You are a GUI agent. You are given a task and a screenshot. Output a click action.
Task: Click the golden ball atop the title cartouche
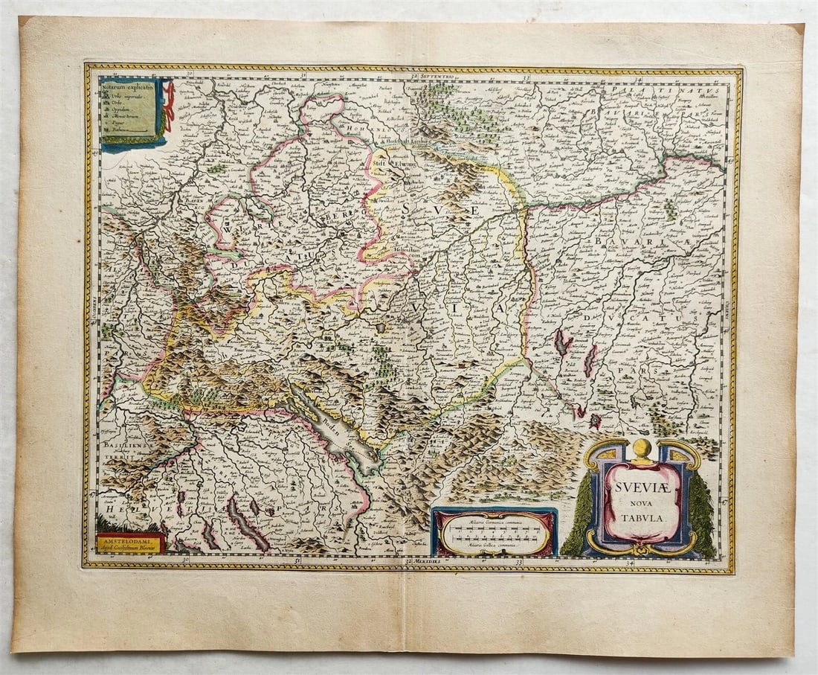click(x=642, y=448)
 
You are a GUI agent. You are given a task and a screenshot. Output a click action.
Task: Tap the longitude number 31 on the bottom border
click(x=297, y=560)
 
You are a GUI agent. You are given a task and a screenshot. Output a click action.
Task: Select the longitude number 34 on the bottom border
click(x=631, y=561)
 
